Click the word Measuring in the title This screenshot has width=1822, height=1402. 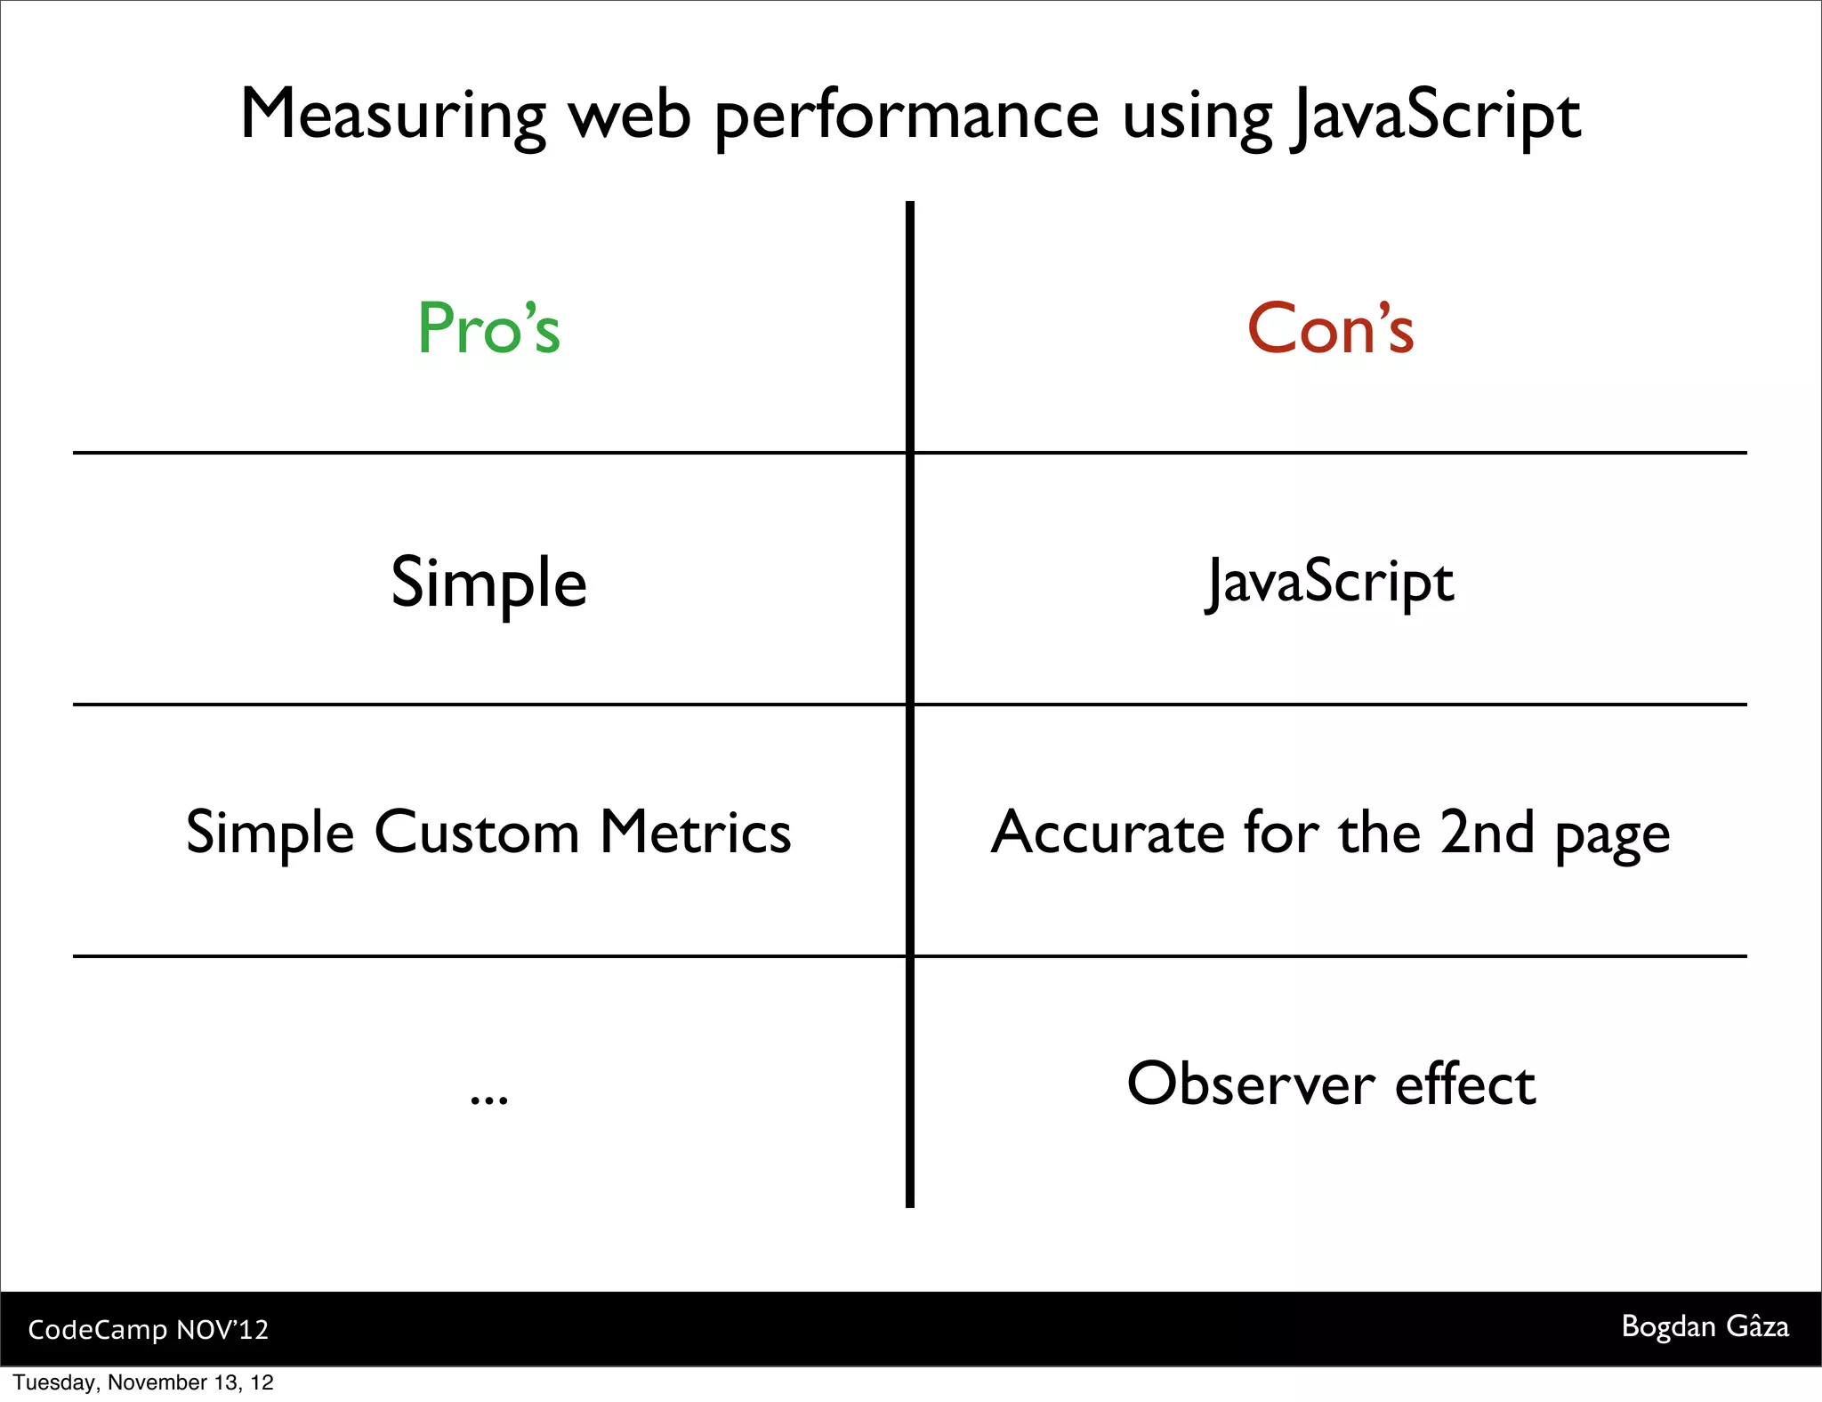coord(392,116)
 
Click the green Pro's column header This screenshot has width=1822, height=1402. coord(488,328)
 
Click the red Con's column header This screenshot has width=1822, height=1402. coord(1330,328)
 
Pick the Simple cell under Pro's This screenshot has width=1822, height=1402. coord(488,583)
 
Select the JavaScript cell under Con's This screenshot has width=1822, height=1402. coord(1330,583)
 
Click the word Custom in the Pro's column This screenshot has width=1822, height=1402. coord(477,834)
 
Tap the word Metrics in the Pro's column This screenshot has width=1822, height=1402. coord(695,834)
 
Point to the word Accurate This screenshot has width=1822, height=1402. coord(1108,834)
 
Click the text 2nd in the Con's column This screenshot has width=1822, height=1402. coord(1487,834)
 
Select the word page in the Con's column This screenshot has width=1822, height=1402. coord(1612,836)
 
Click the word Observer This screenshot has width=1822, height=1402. coord(1251,1084)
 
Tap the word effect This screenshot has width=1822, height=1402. coord(1464,1084)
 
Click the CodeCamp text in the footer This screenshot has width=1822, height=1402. coord(97,1330)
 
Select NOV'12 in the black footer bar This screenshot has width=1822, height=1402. coord(222,1330)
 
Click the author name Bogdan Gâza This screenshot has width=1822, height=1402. coord(1705,1326)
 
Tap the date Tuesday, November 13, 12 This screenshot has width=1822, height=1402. coord(143,1382)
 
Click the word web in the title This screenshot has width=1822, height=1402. coord(630,116)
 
